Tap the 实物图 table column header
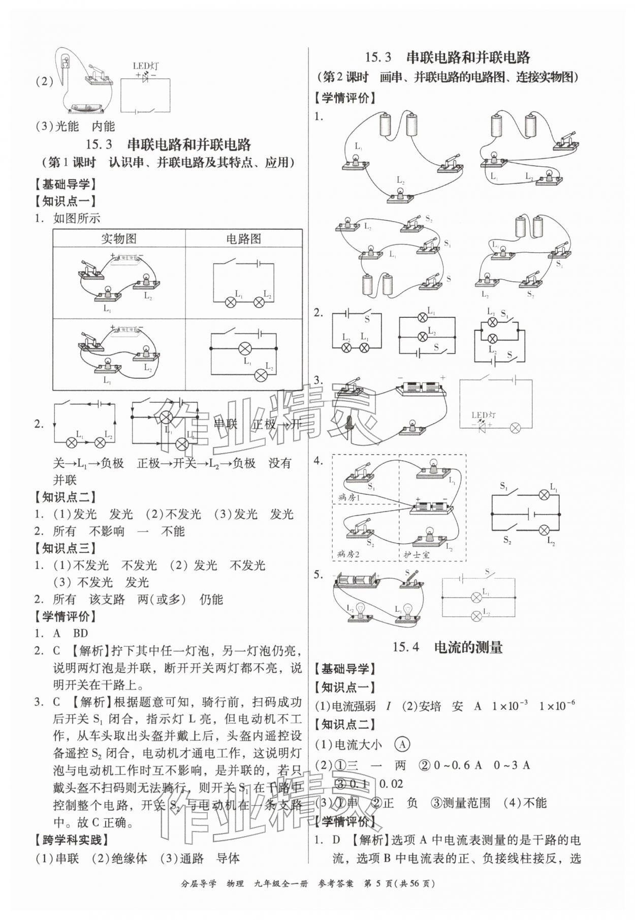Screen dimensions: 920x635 (119, 239)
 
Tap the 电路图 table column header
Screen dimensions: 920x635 (243, 239)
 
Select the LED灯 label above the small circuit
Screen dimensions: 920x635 (145, 66)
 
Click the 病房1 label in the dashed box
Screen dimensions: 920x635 (348, 497)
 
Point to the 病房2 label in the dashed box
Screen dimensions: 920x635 (348, 554)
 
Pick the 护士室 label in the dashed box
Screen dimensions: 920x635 (417, 554)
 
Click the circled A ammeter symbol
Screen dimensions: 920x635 (402, 745)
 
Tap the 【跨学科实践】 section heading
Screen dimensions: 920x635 (72, 840)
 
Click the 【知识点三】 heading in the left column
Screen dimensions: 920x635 (66, 548)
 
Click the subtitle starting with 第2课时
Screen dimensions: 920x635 (447, 77)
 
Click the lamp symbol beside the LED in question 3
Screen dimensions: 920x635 (515, 428)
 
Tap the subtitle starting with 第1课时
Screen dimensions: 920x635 (168, 162)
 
